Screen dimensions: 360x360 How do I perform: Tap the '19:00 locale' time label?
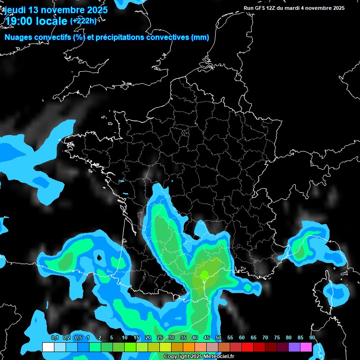[x=36, y=20]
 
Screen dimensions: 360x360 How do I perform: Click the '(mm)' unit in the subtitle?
[x=200, y=37]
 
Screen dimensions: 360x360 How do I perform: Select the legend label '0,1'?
[x=55, y=338]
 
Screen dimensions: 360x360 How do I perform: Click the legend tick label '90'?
[x=312, y=338]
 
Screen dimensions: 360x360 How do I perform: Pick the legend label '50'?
[x=218, y=338]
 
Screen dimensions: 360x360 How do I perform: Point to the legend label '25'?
[x=160, y=338]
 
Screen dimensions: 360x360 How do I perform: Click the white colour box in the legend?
[x=48, y=347]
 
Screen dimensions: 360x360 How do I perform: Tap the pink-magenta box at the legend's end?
[x=306, y=347]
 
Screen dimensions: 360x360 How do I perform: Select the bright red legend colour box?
[x=247, y=347]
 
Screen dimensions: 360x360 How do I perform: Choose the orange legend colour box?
[x=189, y=347]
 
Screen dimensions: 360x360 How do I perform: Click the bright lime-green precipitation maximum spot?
[x=204, y=274]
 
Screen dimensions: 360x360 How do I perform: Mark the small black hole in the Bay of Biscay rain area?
[x=99, y=257]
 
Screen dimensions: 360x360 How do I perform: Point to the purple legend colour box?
[x=294, y=347]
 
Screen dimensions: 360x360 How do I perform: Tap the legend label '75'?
[x=277, y=338]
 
